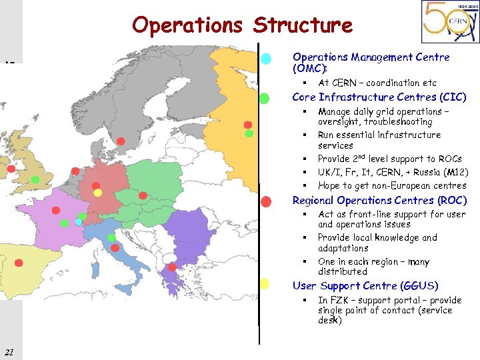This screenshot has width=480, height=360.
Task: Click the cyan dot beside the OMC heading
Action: (266, 59)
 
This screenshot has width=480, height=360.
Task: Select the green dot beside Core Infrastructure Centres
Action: (264, 99)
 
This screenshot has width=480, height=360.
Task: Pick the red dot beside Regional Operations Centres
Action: (265, 201)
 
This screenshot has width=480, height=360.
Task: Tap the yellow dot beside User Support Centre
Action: (264, 284)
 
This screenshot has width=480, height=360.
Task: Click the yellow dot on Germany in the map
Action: (97, 193)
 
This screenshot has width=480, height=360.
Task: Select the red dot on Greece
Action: (173, 267)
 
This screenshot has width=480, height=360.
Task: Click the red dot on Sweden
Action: (121, 141)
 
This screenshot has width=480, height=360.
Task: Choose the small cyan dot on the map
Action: (79, 223)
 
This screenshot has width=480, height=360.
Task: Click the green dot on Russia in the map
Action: (249, 133)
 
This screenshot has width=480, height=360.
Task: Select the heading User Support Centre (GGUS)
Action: (365, 286)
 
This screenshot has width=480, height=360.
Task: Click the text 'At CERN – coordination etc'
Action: (377, 83)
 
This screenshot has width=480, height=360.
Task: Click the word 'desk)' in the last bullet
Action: (330, 321)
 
